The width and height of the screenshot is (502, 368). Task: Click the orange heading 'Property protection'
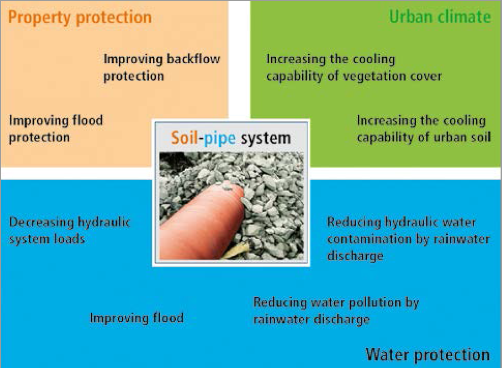tap(80, 17)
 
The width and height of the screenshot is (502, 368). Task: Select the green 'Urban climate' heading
tap(440, 17)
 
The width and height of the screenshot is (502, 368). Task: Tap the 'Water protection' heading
tap(428, 355)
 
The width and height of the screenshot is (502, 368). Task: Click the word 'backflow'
tap(193, 59)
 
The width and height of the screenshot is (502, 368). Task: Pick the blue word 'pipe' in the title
tap(220, 139)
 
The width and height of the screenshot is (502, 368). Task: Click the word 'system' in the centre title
tap(266, 139)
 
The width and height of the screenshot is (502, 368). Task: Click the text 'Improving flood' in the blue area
tap(137, 318)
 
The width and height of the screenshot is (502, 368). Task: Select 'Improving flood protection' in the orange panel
tap(56, 129)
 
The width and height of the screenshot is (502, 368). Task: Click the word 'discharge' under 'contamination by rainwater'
tap(355, 256)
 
